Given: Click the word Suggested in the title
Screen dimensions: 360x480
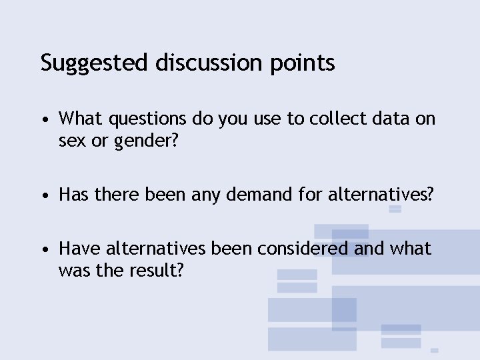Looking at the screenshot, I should [x=95, y=63].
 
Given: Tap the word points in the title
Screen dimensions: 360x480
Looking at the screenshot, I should [x=303, y=63].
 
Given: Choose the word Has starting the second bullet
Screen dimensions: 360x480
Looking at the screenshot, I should [x=74, y=195].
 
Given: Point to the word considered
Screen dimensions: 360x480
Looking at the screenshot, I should [x=279, y=248].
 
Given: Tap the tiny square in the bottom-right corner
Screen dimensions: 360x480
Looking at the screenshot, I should [x=434, y=350].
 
